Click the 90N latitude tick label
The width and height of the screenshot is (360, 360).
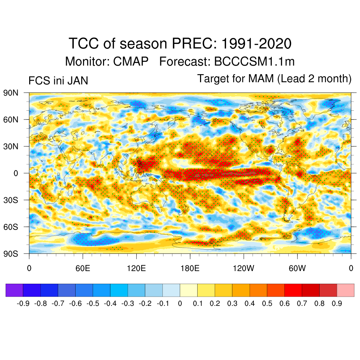[x=11, y=93]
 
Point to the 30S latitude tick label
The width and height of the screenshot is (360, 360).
[x=11, y=200]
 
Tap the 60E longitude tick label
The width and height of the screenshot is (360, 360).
[x=83, y=269]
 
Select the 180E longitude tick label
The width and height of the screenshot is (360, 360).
[x=190, y=269]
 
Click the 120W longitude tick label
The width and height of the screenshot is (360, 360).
[x=244, y=269]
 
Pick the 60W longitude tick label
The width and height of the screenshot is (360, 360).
[x=297, y=269]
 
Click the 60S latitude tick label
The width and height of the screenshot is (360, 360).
[x=11, y=227]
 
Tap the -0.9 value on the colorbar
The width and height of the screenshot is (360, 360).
[x=23, y=303]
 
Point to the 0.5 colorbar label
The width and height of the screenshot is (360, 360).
[x=267, y=303]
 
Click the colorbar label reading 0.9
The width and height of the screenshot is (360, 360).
[x=337, y=303]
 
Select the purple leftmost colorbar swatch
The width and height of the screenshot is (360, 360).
[x=14, y=290]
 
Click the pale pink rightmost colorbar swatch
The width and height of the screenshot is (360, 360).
[x=345, y=290]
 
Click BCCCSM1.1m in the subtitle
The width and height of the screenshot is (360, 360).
[x=254, y=62]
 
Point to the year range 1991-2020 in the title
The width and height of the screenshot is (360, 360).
[x=256, y=44]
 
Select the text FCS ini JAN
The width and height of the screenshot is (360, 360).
[x=58, y=81]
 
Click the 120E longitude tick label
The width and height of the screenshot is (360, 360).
[x=136, y=269]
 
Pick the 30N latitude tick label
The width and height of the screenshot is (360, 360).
[x=11, y=146]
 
